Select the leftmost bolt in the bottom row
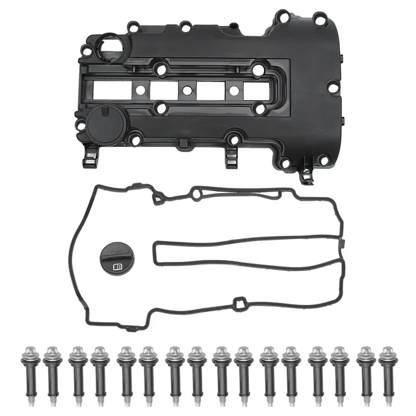(30, 374)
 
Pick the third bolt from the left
(77, 374)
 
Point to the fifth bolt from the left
(125, 374)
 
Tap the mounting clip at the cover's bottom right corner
(306, 174)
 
